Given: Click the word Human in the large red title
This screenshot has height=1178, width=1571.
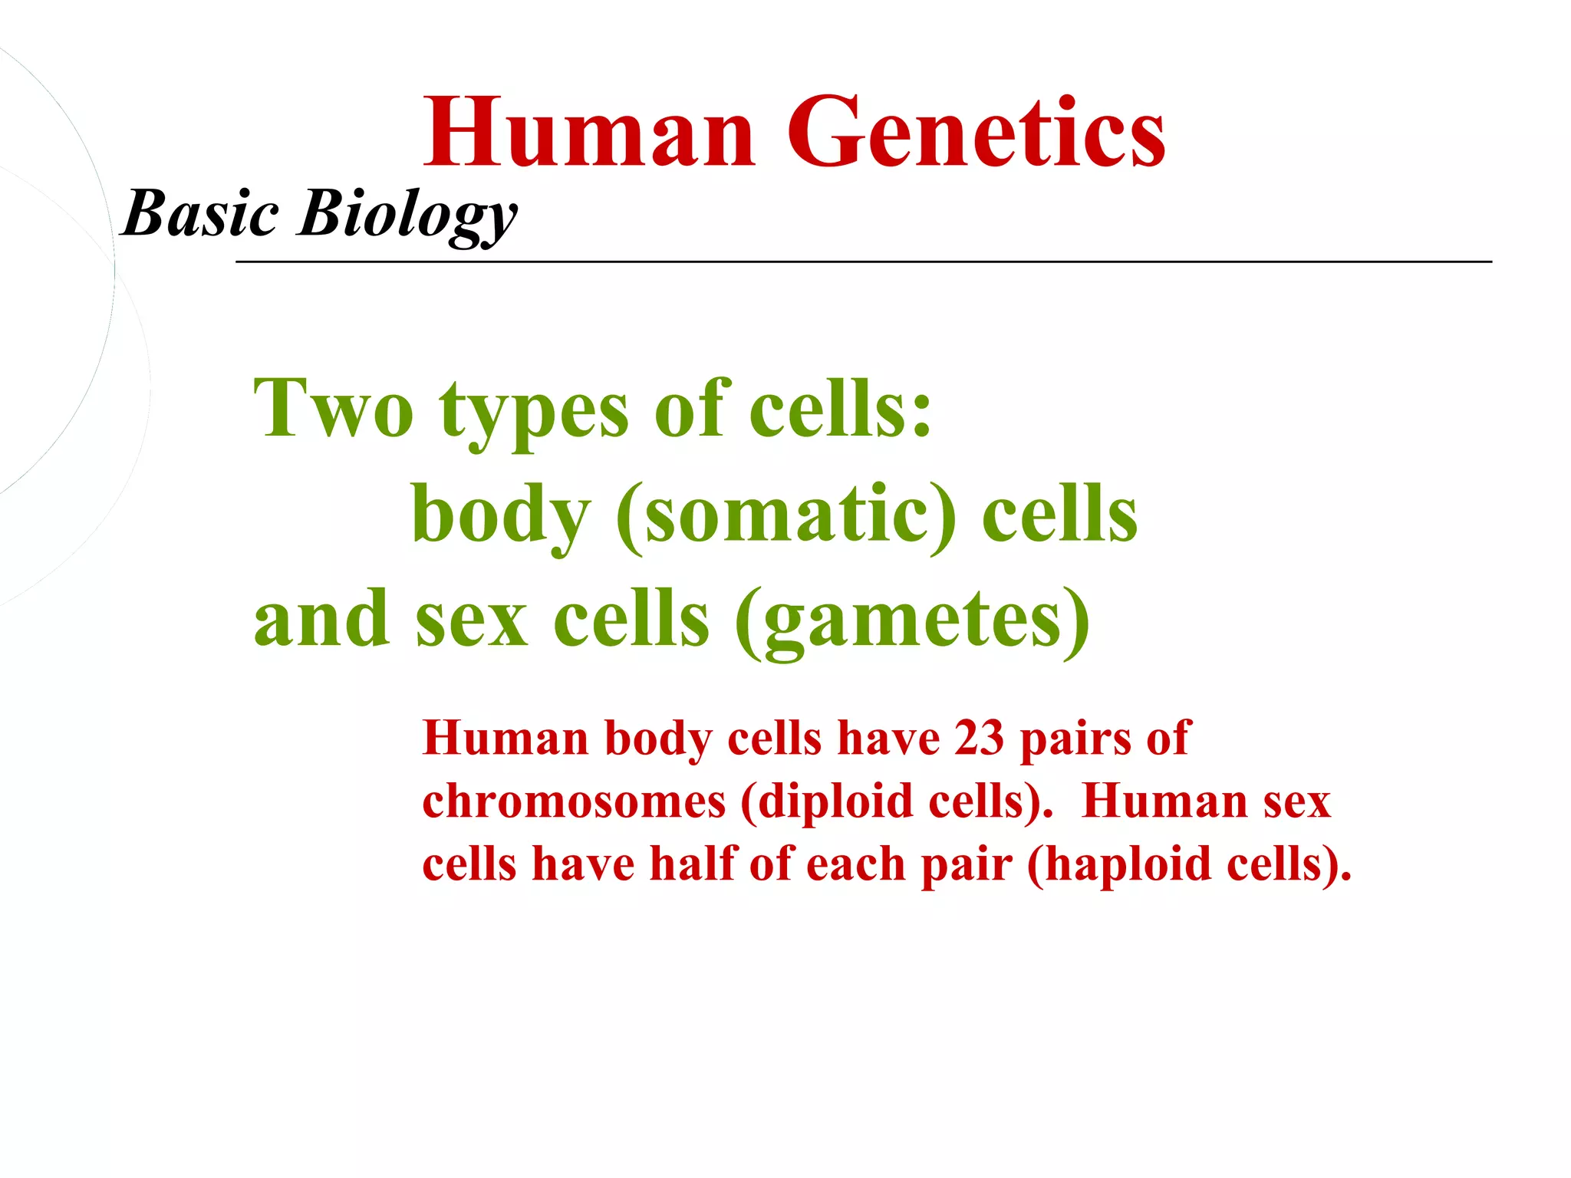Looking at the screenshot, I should point(591,132).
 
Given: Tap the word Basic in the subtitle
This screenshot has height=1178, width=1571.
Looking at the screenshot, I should point(201,213).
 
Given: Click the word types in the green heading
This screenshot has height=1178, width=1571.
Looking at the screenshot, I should point(534,414).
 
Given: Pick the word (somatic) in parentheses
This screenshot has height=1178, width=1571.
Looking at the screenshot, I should point(786,515).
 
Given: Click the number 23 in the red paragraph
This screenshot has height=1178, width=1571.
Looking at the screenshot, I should point(979,739).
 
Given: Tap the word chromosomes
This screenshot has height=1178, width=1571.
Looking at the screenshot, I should point(574,802).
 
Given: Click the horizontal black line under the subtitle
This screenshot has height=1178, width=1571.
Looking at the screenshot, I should point(863,262).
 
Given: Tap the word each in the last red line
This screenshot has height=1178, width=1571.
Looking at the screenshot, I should point(855,864).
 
